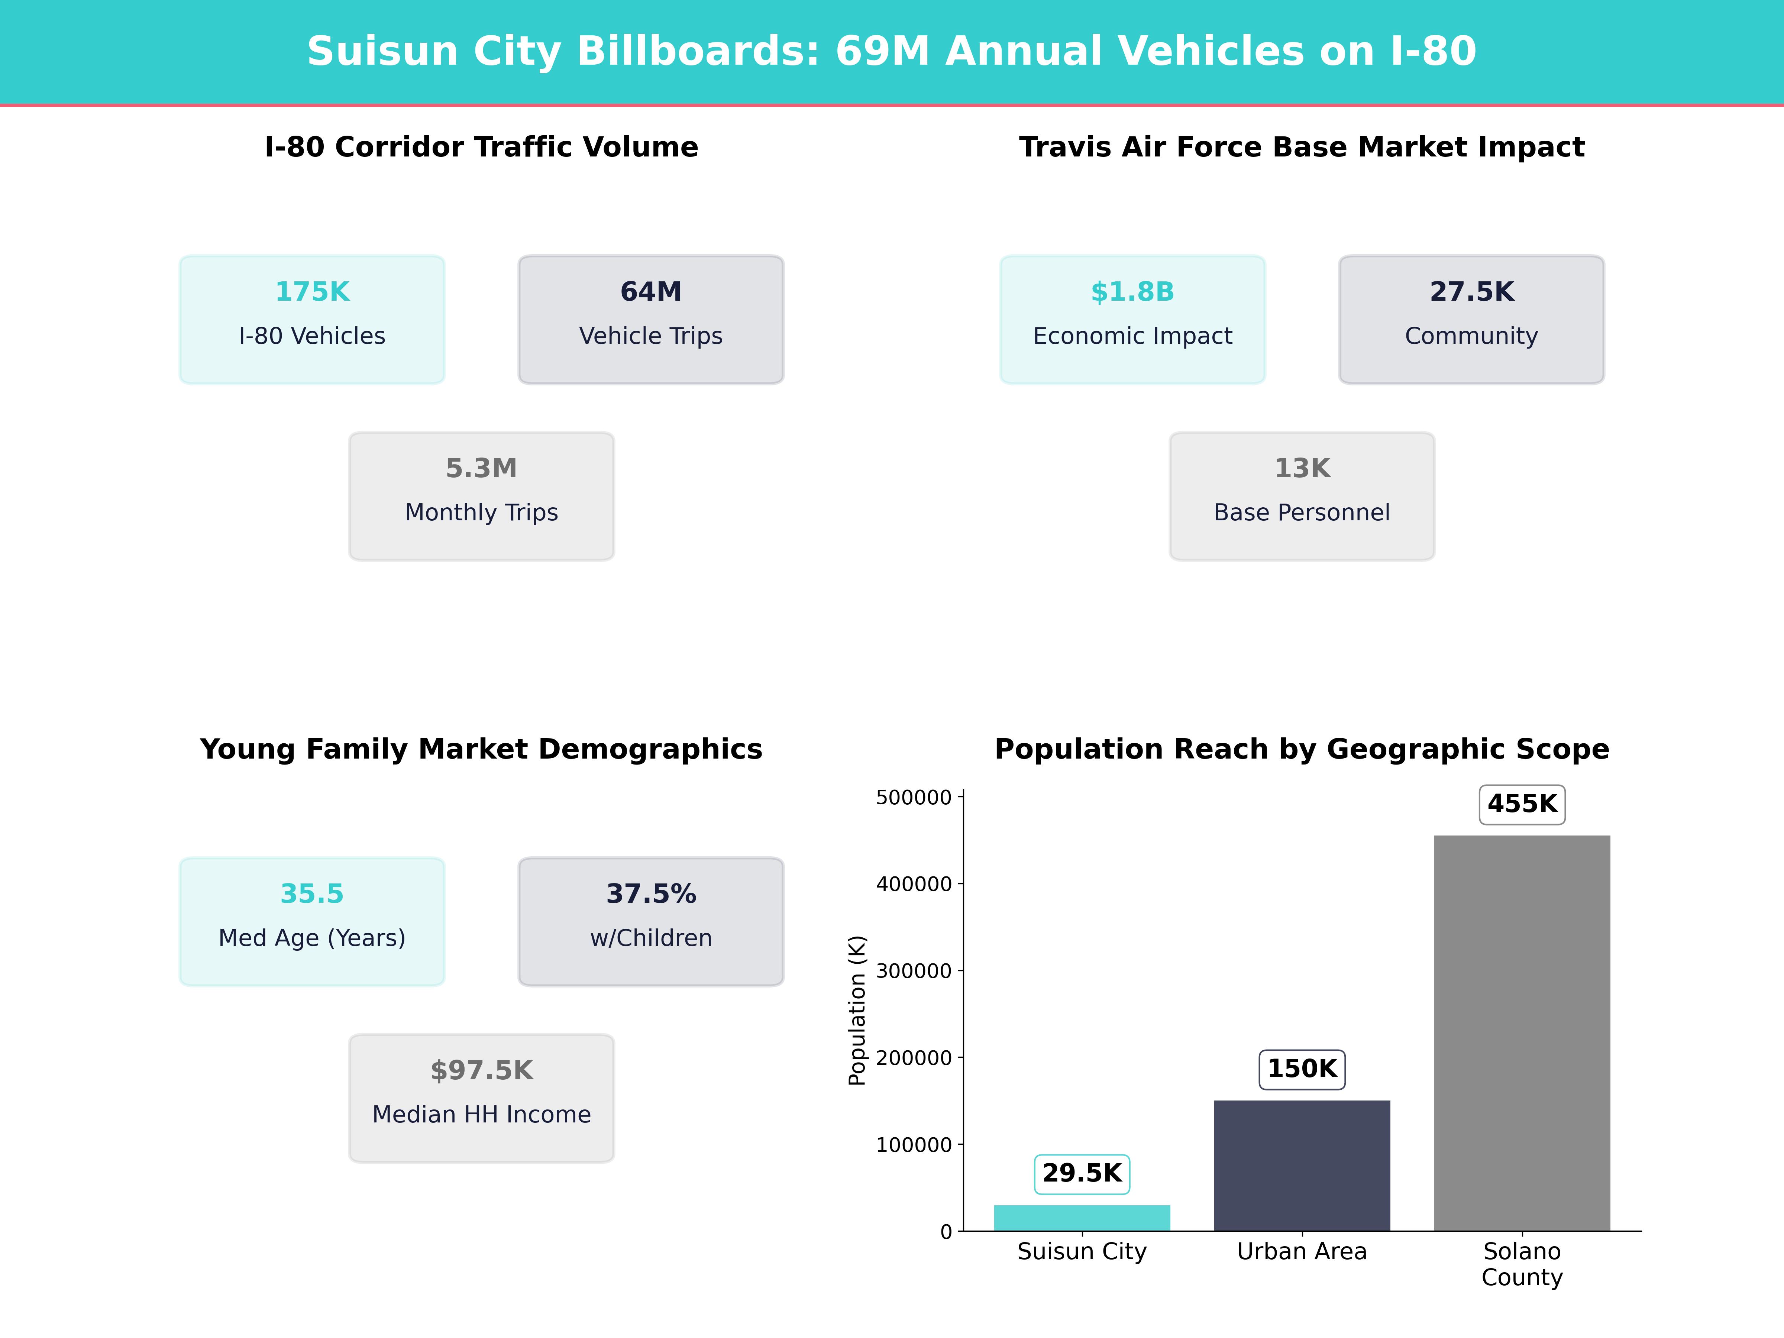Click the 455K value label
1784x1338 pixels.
1522,804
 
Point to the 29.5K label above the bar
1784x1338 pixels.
1082,1173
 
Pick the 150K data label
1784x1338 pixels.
1302,1069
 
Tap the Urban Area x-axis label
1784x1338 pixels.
1302,1252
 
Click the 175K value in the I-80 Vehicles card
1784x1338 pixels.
312,292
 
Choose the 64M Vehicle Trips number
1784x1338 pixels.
651,292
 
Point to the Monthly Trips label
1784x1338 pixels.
481,513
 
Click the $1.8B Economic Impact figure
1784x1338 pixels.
1132,292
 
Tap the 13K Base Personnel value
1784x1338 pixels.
1302,469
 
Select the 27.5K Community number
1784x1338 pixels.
1471,292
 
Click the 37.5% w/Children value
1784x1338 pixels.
651,895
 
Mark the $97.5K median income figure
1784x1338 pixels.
481,1071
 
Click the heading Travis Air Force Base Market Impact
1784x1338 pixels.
1302,148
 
